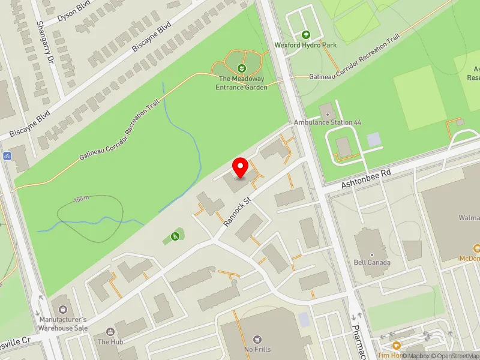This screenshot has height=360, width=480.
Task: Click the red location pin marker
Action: click(x=241, y=167)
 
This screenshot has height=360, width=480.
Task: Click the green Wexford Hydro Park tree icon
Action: click(x=306, y=35)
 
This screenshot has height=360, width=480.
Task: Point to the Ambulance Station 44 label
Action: click(x=328, y=122)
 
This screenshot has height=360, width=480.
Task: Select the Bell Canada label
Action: click(x=373, y=262)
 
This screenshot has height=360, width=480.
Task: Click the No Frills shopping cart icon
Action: click(x=258, y=340)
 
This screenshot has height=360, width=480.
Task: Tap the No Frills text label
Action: click(x=258, y=350)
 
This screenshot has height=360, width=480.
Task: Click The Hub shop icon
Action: click(x=110, y=331)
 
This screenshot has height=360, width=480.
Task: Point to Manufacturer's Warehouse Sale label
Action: click(x=64, y=324)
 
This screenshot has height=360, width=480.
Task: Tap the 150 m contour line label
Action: click(x=82, y=199)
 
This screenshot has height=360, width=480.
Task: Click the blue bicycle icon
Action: click(x=7, y=156)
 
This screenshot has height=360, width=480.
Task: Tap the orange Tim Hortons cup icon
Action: click(x=396, y=345)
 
